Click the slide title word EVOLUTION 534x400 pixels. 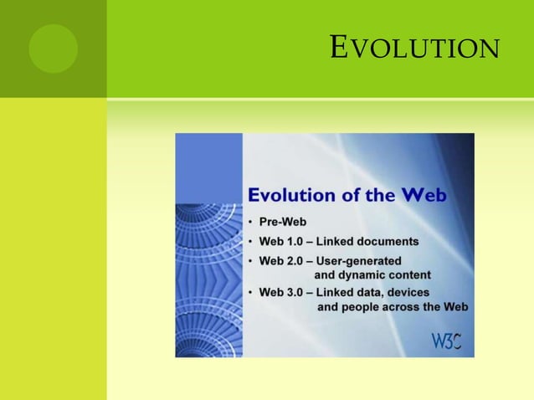(x=415, y=49)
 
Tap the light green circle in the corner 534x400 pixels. (x=53, y=49)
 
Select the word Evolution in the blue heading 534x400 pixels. (x=294, y=196)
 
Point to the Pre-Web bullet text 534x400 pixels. (x=283, y=223)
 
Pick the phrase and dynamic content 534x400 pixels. (x=372, y=274)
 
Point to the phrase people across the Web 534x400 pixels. (x=406, y=307)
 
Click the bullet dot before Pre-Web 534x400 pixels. (x=252, y=223)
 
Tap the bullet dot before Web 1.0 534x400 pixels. (x=252, y=241)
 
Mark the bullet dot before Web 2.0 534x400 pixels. (x=252, y=260)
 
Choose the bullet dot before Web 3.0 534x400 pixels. (x=252, y=292)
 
